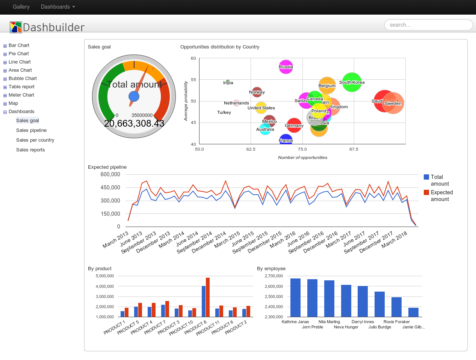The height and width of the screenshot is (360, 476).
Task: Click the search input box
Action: [428, 25]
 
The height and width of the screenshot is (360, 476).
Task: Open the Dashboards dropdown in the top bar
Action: [58, 7]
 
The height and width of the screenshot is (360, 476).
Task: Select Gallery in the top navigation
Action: [21, 7]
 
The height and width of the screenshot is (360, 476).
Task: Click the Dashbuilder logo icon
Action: [16, 27]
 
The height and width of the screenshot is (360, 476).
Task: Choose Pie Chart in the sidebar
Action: [19, 54]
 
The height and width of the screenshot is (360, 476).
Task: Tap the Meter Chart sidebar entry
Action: [21, 95]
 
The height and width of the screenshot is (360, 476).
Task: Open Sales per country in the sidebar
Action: [35, 140]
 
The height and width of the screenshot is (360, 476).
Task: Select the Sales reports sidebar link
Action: [30, 150]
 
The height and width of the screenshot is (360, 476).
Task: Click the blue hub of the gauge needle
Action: [134, 97]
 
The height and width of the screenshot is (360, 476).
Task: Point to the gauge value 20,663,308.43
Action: [134, 124]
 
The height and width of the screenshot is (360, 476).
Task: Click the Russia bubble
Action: [286, 67]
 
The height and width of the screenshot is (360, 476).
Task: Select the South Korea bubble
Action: [352, 82]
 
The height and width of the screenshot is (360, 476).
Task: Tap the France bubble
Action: [286, 140]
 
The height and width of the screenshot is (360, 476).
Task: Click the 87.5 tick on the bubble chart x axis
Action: [354, 149]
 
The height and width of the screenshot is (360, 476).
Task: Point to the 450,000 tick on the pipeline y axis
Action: [110, 188]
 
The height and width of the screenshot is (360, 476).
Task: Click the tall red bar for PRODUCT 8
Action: [208, 297]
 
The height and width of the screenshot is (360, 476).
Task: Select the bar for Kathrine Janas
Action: [295, 297]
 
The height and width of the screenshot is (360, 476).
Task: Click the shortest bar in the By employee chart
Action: [413, 312]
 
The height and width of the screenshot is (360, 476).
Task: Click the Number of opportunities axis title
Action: [302, 157]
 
